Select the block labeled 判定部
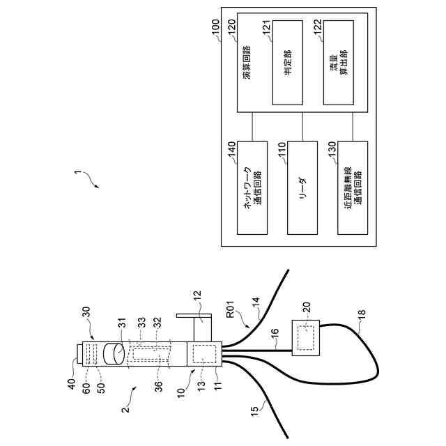(287, 62)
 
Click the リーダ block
(302, 187)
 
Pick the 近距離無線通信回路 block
(353, 187)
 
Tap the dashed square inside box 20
(305, 338)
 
